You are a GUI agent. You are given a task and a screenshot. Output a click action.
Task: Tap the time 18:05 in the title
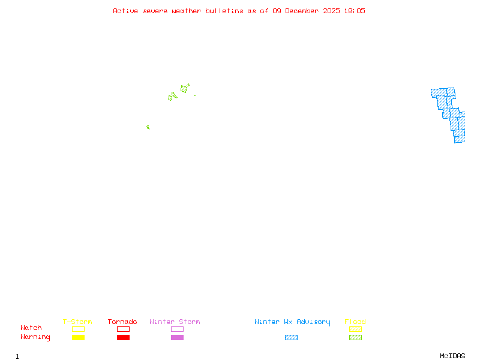(354, 11)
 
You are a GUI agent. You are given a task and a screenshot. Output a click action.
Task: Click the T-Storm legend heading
(77, 322)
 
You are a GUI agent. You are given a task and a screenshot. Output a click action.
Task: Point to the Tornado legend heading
(122, 322)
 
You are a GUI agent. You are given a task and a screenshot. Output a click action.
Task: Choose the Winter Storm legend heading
(175, 322)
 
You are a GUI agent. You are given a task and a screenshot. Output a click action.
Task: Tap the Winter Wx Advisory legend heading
(292, 322)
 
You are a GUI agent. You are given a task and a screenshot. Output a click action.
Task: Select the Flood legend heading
(355, 322)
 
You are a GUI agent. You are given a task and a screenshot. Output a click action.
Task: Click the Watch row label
(31, 328)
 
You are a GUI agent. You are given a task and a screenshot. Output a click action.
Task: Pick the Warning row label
(35, 337)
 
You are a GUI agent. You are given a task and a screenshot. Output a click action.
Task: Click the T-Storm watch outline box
(78, 329)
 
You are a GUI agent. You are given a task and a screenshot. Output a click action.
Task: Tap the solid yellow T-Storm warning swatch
(78, 337)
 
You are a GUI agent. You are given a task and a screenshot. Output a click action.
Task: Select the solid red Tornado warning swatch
(123, 337)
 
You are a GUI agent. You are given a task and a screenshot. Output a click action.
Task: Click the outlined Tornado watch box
(123, 329)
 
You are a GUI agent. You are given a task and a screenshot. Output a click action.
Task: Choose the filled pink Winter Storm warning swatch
(177, 337)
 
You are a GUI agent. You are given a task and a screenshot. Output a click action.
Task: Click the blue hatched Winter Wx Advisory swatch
(291, 337)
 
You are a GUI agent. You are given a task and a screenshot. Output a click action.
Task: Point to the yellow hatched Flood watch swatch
(355, 329)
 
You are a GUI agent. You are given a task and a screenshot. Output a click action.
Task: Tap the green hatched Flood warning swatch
(355, 337)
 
